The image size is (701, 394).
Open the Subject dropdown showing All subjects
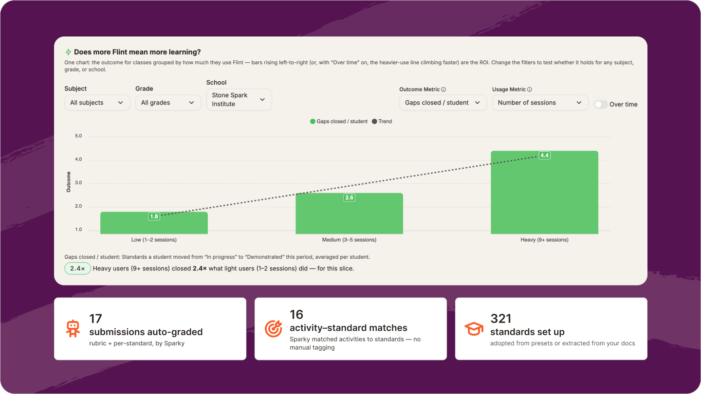click(97, 103)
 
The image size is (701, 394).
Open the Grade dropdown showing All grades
click(168, 103)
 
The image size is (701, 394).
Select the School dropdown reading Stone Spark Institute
click(239, 99)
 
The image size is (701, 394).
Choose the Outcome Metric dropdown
click(443, 103)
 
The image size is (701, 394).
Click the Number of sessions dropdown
click(540, 103)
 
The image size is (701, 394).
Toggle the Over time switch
click(601, 105)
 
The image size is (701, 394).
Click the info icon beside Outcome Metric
click(443, 90)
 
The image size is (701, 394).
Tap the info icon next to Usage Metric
click(530, 90)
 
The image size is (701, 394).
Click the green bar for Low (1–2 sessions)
click(154, 223)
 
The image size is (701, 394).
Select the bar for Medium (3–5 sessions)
click(349, 214)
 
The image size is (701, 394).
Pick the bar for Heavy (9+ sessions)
click(545, 192)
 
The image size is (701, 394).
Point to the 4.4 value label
click(545, 156)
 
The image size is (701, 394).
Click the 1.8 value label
click(154, 216)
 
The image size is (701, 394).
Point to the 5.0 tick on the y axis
click(78, 136)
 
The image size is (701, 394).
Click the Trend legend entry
click(382, 121)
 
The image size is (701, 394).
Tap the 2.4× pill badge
click(77, 269)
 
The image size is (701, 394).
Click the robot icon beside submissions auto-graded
click(73, 329)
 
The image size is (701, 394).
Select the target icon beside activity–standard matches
click(274, 329)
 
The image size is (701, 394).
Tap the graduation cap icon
click(474, 329)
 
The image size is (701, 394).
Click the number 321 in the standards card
click(501, 319)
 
